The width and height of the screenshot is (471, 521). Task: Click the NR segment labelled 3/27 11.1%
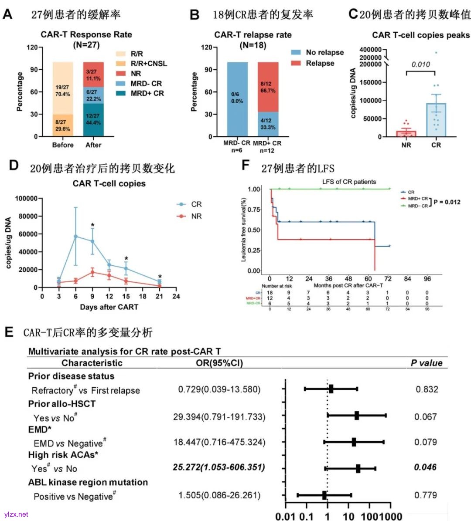[93, 74]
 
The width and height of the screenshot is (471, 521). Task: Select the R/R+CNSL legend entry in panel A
[148, 64]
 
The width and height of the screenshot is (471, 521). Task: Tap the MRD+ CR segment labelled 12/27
[93, 119]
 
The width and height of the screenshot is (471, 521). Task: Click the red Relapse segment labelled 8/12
[268, 87]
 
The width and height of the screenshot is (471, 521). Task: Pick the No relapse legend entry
[324, 52]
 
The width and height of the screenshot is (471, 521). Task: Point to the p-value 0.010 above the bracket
[420, 64]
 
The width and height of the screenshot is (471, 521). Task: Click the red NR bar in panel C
[406, 133]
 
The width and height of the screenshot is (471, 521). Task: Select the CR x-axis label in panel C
[436, 145]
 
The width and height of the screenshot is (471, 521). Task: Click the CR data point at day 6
[76, 236]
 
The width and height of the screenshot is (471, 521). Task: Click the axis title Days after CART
[109, 307]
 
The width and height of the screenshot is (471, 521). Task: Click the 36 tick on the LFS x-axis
[328, 279]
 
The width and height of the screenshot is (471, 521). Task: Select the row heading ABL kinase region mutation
[88, 482]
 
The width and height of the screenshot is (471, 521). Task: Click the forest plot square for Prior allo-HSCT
[357, 416]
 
